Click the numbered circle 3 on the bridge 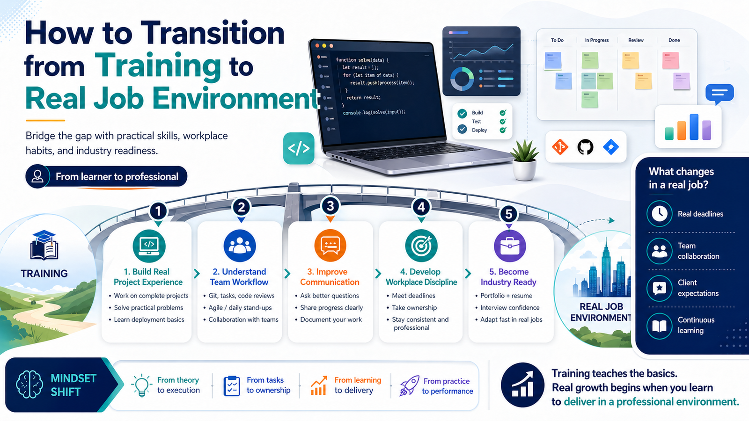pos(330,206)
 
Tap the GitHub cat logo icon pos(585,147)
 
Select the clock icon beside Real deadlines pos(660,213)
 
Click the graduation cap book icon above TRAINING pos(44,245)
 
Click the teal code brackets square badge pos(299,148)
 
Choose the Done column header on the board pos(674,40)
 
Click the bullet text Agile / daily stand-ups pos(240,308)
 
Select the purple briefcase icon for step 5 pos(510,246)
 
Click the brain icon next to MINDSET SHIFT pos(29,385)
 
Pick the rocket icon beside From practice pos(409,386)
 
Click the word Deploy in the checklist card pos(479,131)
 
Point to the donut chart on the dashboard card pos(462,79)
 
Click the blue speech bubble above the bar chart pos(719,93)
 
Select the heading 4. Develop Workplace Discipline pos(421,277)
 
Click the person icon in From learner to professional pos(37,176)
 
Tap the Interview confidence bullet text pos(510,308)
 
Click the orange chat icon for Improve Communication pos(330,246)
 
